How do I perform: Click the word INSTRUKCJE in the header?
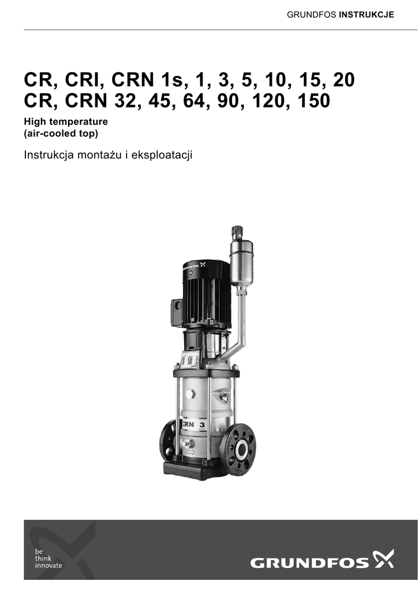pyautogui.click(x=367, y=14)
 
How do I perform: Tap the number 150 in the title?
pyautogui.click(x=314, y=101)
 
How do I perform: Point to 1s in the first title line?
pyautogui.click(x=171, y=80)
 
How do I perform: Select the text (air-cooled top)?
pyautogui.click(x=61, y=134)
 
